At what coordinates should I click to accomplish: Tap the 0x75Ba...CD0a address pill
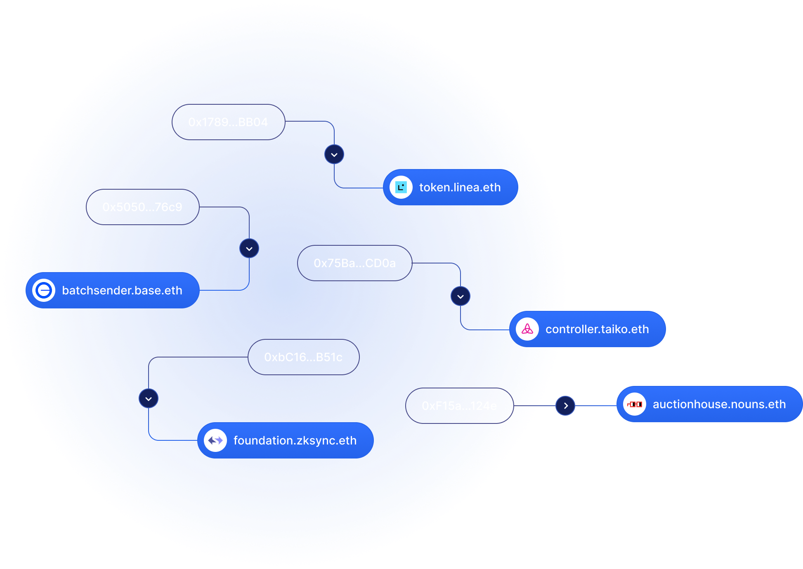354,263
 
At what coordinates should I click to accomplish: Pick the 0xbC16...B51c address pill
303,357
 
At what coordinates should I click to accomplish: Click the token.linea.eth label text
460,188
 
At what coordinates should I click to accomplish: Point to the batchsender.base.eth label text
122,291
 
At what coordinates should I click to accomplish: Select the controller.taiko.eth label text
597,329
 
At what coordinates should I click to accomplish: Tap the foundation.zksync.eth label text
295,441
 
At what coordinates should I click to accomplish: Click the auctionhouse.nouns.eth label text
719,404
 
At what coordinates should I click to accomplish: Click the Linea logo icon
401,188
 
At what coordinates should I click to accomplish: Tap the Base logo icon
44,291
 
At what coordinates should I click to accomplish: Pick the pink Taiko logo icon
527,329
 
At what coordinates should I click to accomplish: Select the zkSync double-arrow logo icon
215,441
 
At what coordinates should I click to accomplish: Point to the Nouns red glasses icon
635,404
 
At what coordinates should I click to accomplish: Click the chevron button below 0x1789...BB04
334,155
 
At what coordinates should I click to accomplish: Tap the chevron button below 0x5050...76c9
249,249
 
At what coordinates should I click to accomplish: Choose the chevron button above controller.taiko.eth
461,296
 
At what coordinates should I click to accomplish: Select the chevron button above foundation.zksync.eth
149,399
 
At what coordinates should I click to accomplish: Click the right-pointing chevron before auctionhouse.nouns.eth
565,406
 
